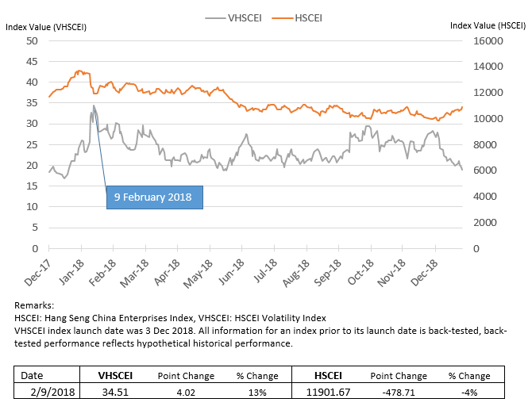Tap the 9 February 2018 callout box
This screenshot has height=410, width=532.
[x=155, y=197]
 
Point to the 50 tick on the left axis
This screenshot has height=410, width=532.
[x=33, y=40]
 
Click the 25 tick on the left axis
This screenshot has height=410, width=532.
[x=33, y=144]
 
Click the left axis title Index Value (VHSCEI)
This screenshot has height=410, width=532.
[x=46, y=27]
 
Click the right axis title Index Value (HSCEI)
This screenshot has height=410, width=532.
[x=487, y=26]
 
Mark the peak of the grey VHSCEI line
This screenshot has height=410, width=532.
[x=94, y=105]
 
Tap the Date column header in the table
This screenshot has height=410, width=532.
[x=32, y=376]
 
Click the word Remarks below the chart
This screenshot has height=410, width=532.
[x=34, y=305]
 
